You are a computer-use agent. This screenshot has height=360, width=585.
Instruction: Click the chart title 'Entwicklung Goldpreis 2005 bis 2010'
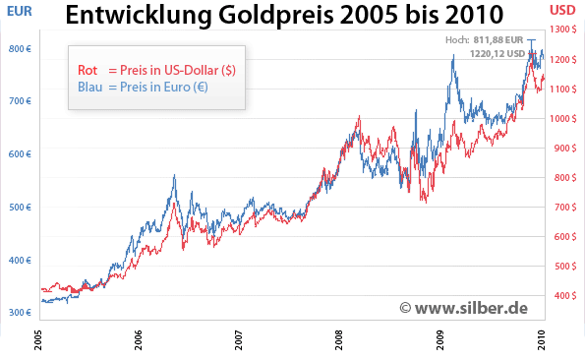(x=284, y=16)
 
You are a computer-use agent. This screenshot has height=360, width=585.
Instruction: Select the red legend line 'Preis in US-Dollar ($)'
(x=156, y=70)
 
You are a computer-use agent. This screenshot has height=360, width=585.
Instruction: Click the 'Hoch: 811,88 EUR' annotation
(x=481, y=38)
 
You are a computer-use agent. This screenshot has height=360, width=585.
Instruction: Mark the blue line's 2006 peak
(x=174, y=176)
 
